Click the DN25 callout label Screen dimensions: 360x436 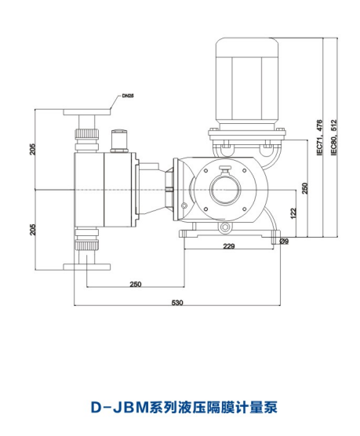point(128,96)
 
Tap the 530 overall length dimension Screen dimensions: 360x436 point(177,302)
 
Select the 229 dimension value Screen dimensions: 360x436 point(229,245)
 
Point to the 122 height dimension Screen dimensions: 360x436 point(293,213)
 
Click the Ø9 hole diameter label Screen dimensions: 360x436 point(284,242)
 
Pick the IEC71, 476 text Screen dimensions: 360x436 point(320,138)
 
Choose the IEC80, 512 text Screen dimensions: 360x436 point(334,138)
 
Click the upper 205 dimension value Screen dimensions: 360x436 point(33,149)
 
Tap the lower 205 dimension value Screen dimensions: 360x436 point(33,230)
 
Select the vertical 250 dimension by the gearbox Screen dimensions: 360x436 point(305,188)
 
